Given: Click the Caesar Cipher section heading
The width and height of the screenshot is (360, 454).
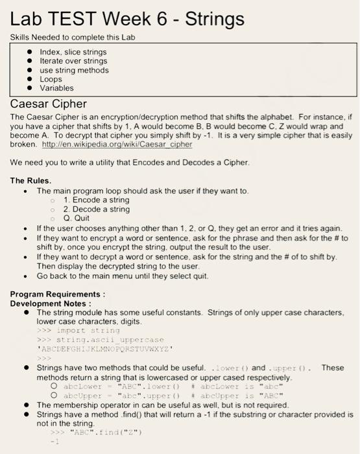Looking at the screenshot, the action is (x=49, y=103).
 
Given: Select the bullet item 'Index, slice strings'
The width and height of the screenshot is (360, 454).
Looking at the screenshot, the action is (x=73, y=52).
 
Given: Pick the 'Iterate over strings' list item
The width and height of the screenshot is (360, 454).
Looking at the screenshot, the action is (x=74, y=61).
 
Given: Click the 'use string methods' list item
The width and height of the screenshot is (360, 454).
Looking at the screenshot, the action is (x=74, y=70).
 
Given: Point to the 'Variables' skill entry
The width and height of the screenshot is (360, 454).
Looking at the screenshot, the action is (x=57, y=88).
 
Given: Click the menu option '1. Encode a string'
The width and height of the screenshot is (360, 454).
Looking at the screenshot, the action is (x=96, y=200).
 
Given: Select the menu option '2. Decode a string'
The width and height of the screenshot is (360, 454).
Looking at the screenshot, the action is (x=97, y=209).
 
